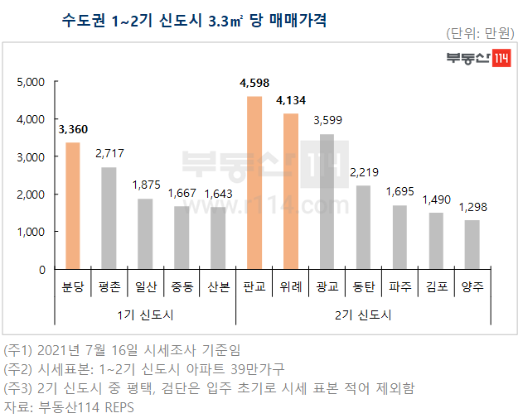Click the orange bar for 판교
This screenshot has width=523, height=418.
[x=254, y=183]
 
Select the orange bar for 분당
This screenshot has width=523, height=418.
[x=73, y=206]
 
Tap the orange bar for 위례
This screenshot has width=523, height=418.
[x=290, y=191]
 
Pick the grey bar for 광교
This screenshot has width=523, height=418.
[x=327, y=201]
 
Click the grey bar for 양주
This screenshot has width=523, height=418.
[x=472, y=244]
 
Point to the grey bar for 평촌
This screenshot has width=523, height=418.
[x=109, y=218]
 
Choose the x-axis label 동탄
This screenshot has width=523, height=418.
[x=363, y=287]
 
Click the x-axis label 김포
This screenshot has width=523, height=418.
[x=435, y=287]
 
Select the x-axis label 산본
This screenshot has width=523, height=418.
[x=218, y=287]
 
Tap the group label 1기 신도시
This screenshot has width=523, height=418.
[x=145, y=315]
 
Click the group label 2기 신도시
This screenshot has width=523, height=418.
[x=362, y=315]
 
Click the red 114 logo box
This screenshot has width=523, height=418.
[x=500, y=59]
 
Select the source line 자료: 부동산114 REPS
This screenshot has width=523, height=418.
[x=69, y=407]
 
